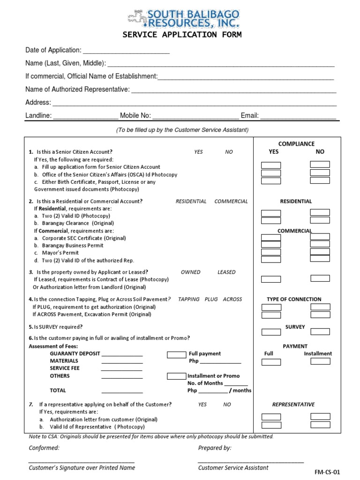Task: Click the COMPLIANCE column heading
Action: point(296,144)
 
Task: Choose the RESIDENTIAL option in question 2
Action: point(191,201)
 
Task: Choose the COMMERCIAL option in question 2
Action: point(231,201)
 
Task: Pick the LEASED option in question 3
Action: point(226,272)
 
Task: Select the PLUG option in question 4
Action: point(211,299)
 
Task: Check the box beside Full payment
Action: point(176,354)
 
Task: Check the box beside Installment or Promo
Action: point(176,376)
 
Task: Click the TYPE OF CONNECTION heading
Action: point(294,299)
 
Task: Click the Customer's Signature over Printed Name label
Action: point(82,467)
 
